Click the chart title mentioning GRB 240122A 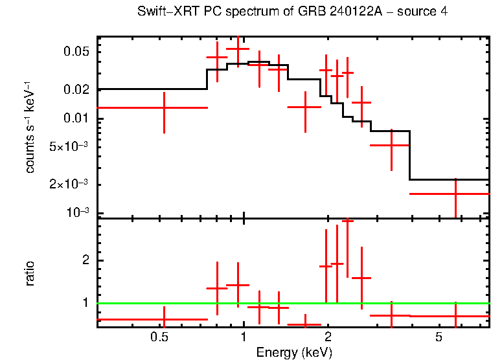tap(292, 12)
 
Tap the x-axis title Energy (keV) tap(294, 353)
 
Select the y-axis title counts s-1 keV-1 tap(30, 128)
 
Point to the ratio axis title tap(30, 273)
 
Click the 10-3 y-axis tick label tap(78, 213)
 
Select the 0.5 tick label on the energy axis tap(159, 337)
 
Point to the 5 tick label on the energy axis tap(439, 337)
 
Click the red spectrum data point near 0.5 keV tap(165, 107)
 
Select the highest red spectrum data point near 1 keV tap(238, 49)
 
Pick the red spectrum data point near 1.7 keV tap(305, 107)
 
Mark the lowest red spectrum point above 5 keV tap(455, 194)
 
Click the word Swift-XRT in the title tap(163, 12)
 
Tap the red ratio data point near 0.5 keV tap(165, 319)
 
